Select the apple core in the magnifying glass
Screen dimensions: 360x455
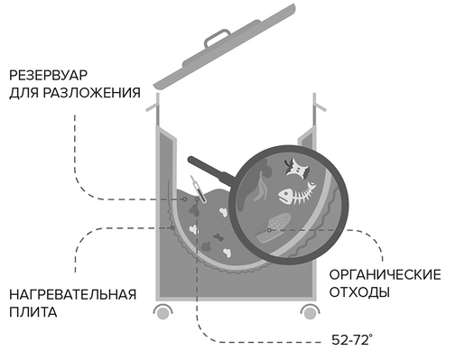tap(297, 167)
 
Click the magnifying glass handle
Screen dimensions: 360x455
tap(211, 169)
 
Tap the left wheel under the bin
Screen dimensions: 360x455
tap(162, 311)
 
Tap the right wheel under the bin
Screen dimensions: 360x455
tap(311, 311)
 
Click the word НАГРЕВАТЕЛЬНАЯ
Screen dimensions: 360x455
tap(73, 294)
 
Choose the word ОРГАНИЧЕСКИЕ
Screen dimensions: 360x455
tap(385, 274)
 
